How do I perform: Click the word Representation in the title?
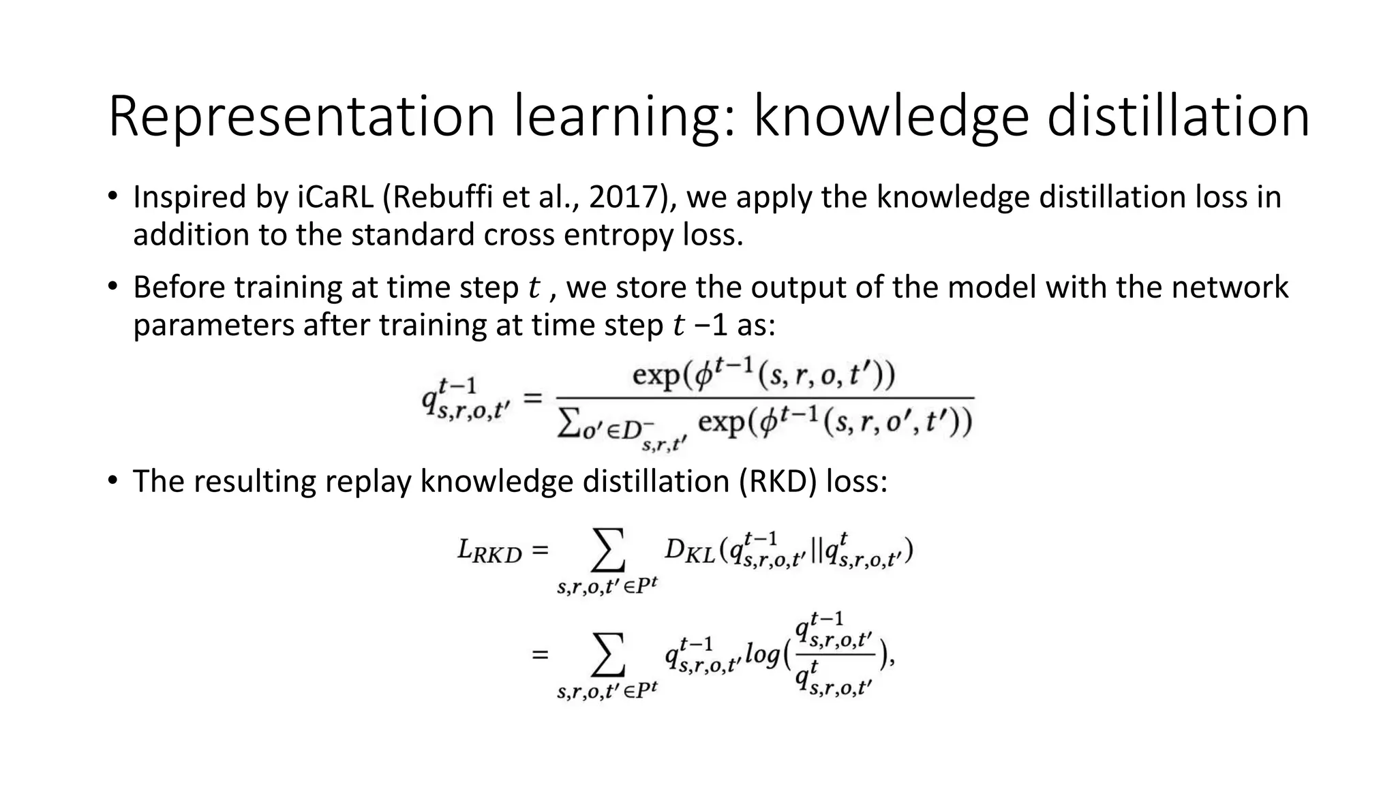click(x=301, y=117)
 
